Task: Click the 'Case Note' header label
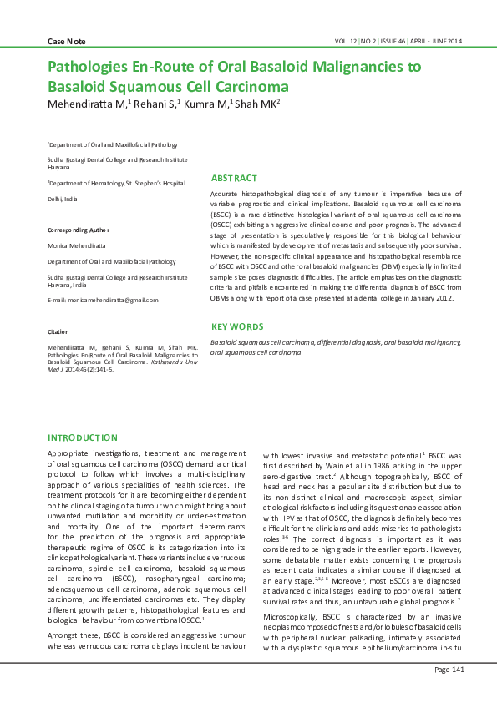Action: click(x=67, y=41)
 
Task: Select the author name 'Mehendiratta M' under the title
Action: click(x=84, y=104)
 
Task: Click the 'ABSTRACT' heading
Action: click(x=233, y=178)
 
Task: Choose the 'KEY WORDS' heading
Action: click(x=237, y=326)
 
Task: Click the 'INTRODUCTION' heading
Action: click(x=83, y=437)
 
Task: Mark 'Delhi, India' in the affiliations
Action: click(x=62, y=199)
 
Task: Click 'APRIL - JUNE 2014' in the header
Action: click(x=435, y=41)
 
